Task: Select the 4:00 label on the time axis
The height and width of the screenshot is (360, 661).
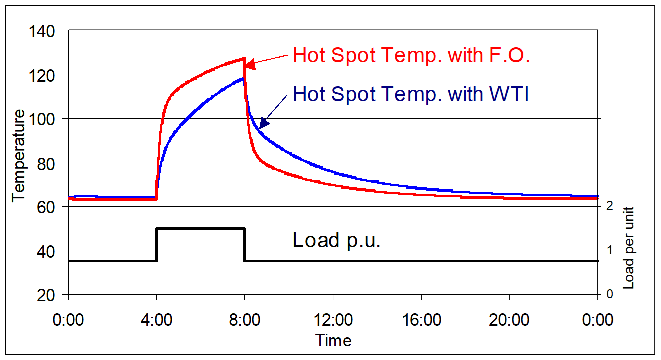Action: [x=156, y=319]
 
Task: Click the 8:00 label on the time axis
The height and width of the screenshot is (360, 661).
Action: [x=244, y=319]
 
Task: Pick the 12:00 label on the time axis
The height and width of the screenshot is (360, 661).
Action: [x=333, y=319]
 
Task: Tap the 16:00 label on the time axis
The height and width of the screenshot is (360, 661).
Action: [x=421, y=319]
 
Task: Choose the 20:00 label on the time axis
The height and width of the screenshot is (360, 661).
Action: [x=509, y=319]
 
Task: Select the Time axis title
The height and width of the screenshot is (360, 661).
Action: [x=333, y=341]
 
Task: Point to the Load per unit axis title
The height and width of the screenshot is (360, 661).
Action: [x=629, y=247]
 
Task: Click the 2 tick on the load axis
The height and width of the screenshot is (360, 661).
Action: [x=610, y=205]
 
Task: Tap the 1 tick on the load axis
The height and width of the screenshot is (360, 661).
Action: [x=610, y=250]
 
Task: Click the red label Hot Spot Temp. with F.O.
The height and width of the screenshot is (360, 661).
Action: [x=411, y=55]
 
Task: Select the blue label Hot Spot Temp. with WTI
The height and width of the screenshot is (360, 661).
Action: [x=411, y=93]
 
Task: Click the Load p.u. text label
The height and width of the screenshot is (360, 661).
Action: [x=336, y=240]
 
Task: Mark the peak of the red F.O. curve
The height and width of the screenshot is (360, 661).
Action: [x=244, y=59]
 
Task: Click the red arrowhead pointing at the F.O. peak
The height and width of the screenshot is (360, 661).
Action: [x=251, y=64]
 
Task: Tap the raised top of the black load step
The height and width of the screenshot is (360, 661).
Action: [x=201, y=228]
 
